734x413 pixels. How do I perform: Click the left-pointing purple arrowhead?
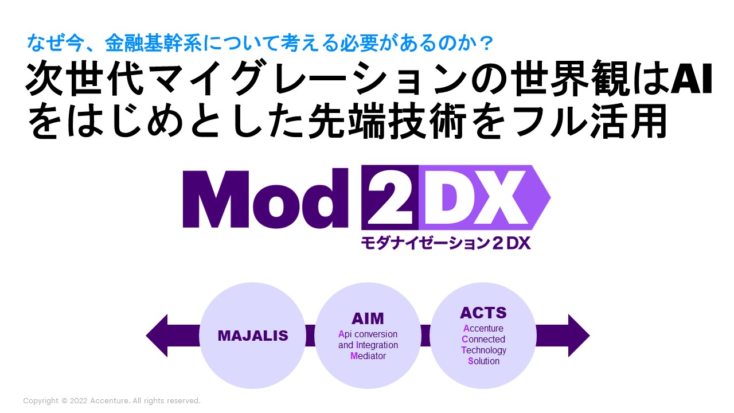[157, 336]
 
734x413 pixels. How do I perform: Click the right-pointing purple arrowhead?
[578, 336]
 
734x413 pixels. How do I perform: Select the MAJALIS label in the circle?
[252, 336]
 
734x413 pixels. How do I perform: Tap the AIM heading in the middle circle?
[368, 318]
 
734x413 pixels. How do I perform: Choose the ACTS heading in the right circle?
[483, 313]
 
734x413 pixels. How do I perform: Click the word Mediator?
[368, 356]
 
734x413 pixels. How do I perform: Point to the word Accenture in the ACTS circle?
[483, 329]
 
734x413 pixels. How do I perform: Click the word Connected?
[483, 340]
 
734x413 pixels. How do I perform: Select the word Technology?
[483, 350]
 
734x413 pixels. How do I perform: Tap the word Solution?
[483, 361]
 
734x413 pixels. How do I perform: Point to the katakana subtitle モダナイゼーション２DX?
[446, 243]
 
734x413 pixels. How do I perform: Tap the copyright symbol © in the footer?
[64, 401]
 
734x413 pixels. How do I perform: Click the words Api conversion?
[368, 334]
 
